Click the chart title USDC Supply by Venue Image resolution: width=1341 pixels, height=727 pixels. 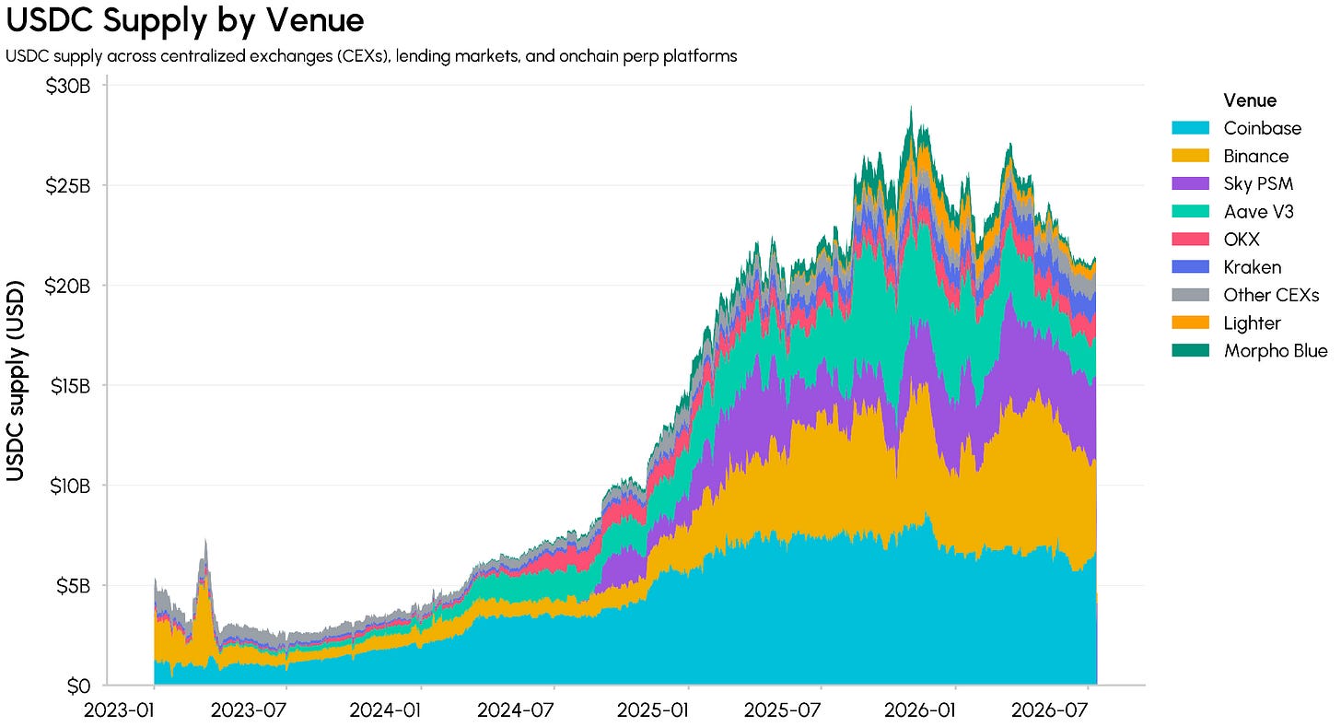tap(185, 20)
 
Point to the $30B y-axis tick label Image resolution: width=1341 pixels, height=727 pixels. tap(67, 87)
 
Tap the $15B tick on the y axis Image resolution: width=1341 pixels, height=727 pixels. tap(70, 386)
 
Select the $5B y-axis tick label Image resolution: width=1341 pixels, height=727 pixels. tap(73, 586)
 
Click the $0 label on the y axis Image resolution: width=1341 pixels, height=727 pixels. tap(78, 686)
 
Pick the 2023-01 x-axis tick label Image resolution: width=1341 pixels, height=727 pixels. tap(119, 710)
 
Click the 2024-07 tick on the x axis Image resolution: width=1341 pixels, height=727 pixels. tap(516, 710)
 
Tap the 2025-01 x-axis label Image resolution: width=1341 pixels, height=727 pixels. tap(652, 710)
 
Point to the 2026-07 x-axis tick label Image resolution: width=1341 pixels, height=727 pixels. tap(1049, 710)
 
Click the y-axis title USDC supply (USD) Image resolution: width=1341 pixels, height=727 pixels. tap(16, 381)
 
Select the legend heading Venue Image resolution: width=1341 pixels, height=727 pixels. tap(1250, 100)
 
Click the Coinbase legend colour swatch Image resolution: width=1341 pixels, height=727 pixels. tap(1191, 127)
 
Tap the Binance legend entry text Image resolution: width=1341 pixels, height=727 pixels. tap(1256, 156)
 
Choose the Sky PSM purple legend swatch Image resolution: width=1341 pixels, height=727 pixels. tap(1191, 183)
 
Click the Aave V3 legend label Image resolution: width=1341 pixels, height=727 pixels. tap(1258, 211)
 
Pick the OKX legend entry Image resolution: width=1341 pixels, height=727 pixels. tap(1242, 239)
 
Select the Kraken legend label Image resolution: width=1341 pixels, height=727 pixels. tap(1253, 267)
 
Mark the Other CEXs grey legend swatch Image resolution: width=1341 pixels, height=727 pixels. tap(1191, 295)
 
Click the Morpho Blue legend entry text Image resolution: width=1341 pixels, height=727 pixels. tap(1276, 350)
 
